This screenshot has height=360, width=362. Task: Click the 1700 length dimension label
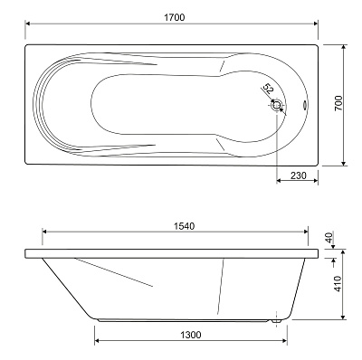click(x=175, y=17)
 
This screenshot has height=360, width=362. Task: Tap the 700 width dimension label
click(x=338, y=103)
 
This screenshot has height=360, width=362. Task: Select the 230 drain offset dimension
click(x=299, y=175)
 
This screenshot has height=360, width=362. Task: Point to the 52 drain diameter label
click(x=268, y=89)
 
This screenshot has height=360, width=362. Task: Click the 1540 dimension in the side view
click(x=184, y=226)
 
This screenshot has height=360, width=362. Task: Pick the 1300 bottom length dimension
click(x=191, y=335)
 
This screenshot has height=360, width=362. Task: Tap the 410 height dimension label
click(x=338, y=283)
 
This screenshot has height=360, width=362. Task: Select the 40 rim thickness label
click(x=329, y=237)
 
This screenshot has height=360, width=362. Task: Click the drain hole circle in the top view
click(x=277, y=106)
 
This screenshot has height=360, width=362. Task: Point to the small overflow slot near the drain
click(x=305, y=105)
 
